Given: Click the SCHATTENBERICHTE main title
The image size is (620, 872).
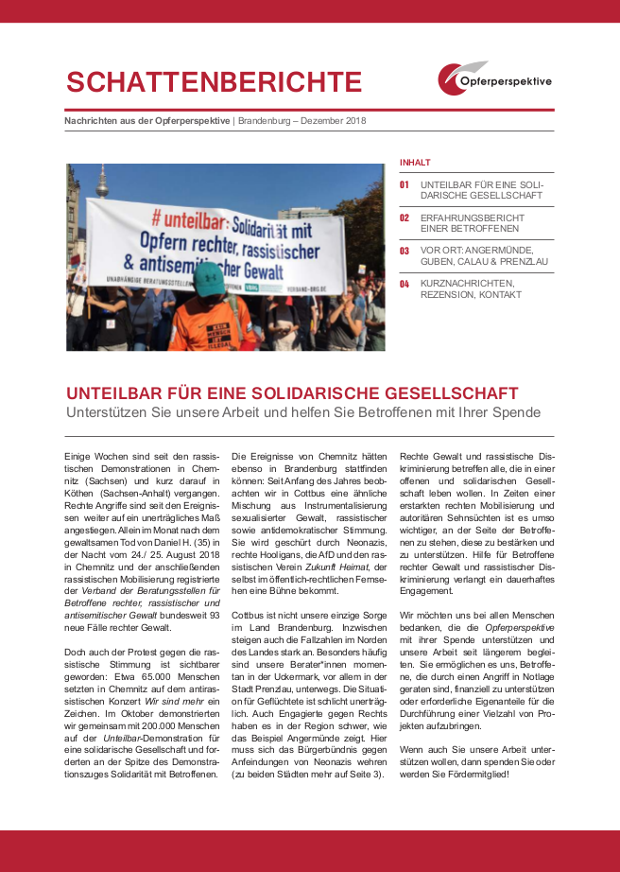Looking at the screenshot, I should pyautogui.click(x=214, y=82).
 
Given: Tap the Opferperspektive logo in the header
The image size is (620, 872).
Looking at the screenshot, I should pyautogui.click(x=494, y=79).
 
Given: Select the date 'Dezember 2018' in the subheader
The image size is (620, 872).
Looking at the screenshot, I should pyautogui.click(x=334, y=121).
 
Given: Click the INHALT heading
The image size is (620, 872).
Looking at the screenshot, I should pyautogui.click(x=414, y=162).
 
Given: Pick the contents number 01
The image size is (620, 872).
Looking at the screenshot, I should pyautogui.click(x=405, y=184).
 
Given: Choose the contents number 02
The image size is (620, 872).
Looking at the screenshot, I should pyautogui.click(x=405, y=218).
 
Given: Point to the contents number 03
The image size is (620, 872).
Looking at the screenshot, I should pyautogui.click(x=405, y=251).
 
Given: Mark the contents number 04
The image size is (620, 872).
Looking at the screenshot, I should pyautogui.click(x=405, y=284).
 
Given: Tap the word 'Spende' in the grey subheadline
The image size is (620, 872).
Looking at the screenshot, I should pyautogui.click(x=514, y=412).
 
